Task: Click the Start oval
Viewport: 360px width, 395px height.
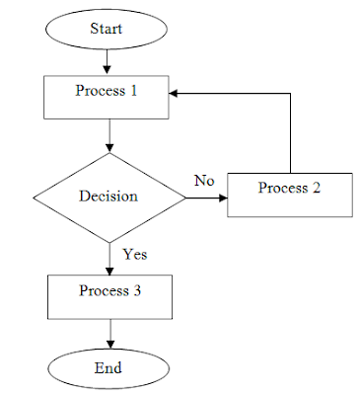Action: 107,29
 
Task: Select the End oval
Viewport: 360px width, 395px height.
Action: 108,368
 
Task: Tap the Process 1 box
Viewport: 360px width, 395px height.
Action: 107,97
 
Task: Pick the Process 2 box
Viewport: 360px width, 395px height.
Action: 290,195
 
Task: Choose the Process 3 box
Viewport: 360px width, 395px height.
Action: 109,297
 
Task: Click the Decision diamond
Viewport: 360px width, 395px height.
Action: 109,197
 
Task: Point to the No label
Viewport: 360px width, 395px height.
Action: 204,181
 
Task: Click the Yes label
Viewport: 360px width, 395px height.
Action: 135,254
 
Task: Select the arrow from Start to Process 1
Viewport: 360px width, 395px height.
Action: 107,62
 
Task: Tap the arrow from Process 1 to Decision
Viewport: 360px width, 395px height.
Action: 109,135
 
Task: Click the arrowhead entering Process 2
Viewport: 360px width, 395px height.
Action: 223,197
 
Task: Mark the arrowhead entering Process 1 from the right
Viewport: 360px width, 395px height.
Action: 174,94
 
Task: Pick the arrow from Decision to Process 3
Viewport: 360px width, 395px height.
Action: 109,259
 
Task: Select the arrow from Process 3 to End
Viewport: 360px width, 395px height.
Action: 110,334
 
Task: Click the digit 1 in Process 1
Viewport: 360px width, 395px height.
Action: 133,91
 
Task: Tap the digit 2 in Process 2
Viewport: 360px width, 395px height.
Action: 316,188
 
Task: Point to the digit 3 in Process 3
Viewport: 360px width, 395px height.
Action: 137,290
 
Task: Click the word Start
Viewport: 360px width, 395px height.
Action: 107,29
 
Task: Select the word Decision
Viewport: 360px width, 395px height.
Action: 108,196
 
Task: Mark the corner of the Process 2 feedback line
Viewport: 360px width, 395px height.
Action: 290,94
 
